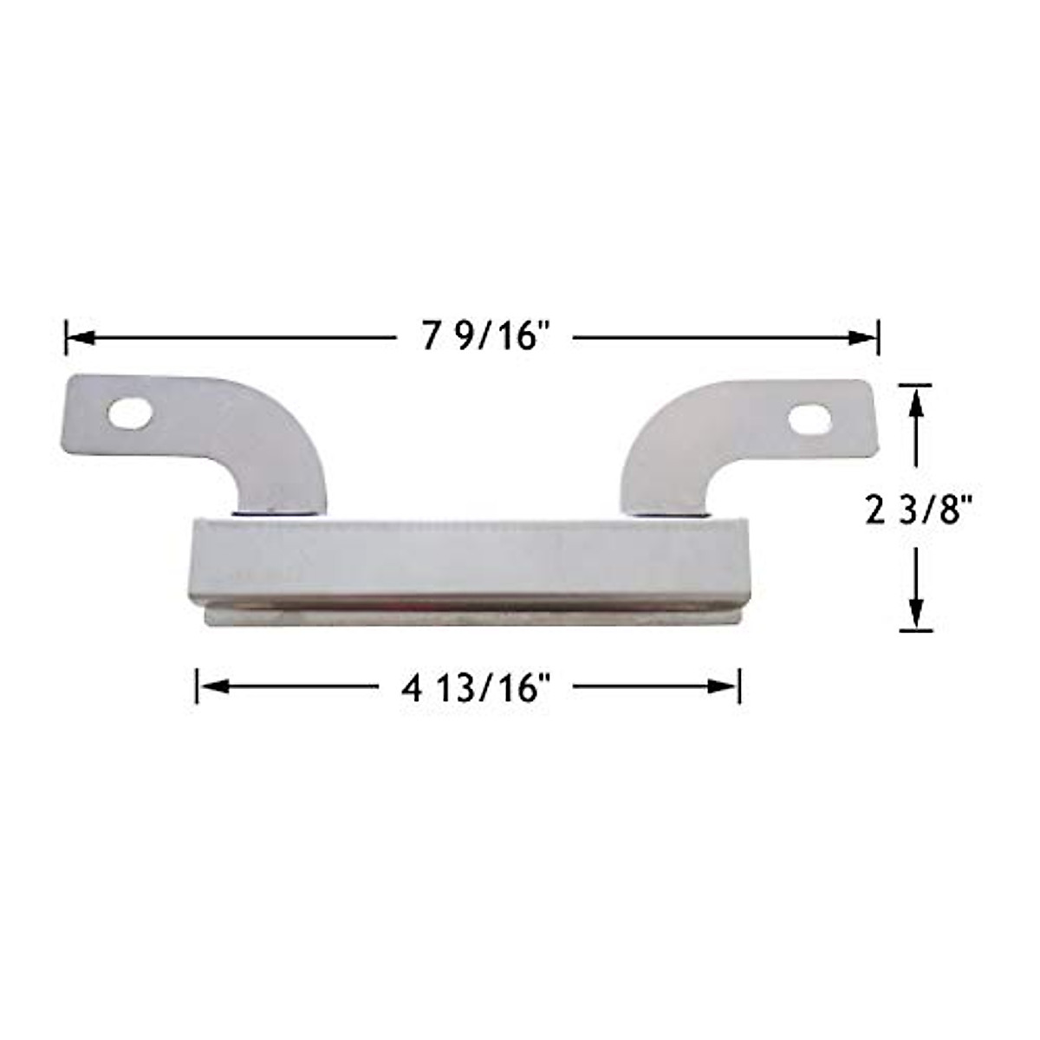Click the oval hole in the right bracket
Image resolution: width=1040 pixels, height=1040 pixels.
[809, 420]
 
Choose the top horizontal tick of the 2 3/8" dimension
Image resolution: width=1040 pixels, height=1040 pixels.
[916, 385]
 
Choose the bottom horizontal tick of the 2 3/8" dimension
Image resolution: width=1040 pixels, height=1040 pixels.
[916, 630]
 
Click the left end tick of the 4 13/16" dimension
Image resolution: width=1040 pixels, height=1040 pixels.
[198, 686]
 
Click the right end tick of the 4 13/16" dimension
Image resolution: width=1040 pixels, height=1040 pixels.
[739, 686]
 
